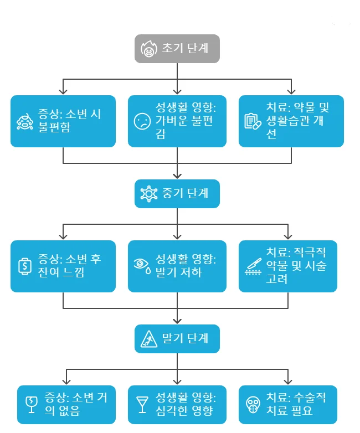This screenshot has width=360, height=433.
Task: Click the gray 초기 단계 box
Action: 177,49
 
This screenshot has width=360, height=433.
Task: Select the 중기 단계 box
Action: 177,194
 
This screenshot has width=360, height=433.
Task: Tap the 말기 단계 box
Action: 177,338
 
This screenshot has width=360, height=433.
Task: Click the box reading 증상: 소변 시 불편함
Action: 63,121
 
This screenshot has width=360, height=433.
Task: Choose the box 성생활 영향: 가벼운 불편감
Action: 177,121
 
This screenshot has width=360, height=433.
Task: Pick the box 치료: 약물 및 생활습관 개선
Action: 291,121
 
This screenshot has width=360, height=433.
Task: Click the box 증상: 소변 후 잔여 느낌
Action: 63,266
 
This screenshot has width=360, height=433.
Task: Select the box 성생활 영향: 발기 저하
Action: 177,266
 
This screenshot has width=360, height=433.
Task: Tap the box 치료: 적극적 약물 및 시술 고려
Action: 288,266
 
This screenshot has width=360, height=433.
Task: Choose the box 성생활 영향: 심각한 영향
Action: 177,404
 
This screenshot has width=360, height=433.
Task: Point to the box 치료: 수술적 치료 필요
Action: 288,404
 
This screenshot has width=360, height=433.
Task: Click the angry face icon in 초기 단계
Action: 148,49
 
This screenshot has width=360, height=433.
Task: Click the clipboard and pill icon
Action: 253,122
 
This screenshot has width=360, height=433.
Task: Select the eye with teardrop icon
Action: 142,266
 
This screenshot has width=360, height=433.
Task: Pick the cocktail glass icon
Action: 142,404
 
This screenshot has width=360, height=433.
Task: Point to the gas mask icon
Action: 253,405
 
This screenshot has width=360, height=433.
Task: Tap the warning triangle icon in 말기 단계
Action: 149,338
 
